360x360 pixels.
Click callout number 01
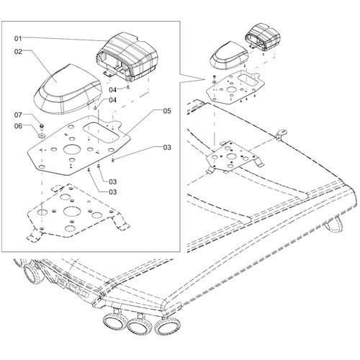[18, 38]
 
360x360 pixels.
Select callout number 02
[18, 52]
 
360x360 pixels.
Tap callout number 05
[167, 111]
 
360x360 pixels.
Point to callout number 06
[18, 126]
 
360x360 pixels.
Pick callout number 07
[18, 115]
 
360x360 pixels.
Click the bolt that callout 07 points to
[42, 126]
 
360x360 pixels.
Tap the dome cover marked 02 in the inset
[68, 89]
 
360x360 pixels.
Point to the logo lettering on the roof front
[72, 287]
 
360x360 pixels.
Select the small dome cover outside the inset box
[229, 56]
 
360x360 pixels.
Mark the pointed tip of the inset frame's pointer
[205, 79]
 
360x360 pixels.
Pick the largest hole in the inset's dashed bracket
[71, 212]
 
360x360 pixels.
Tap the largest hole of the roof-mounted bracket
[232, 157]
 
